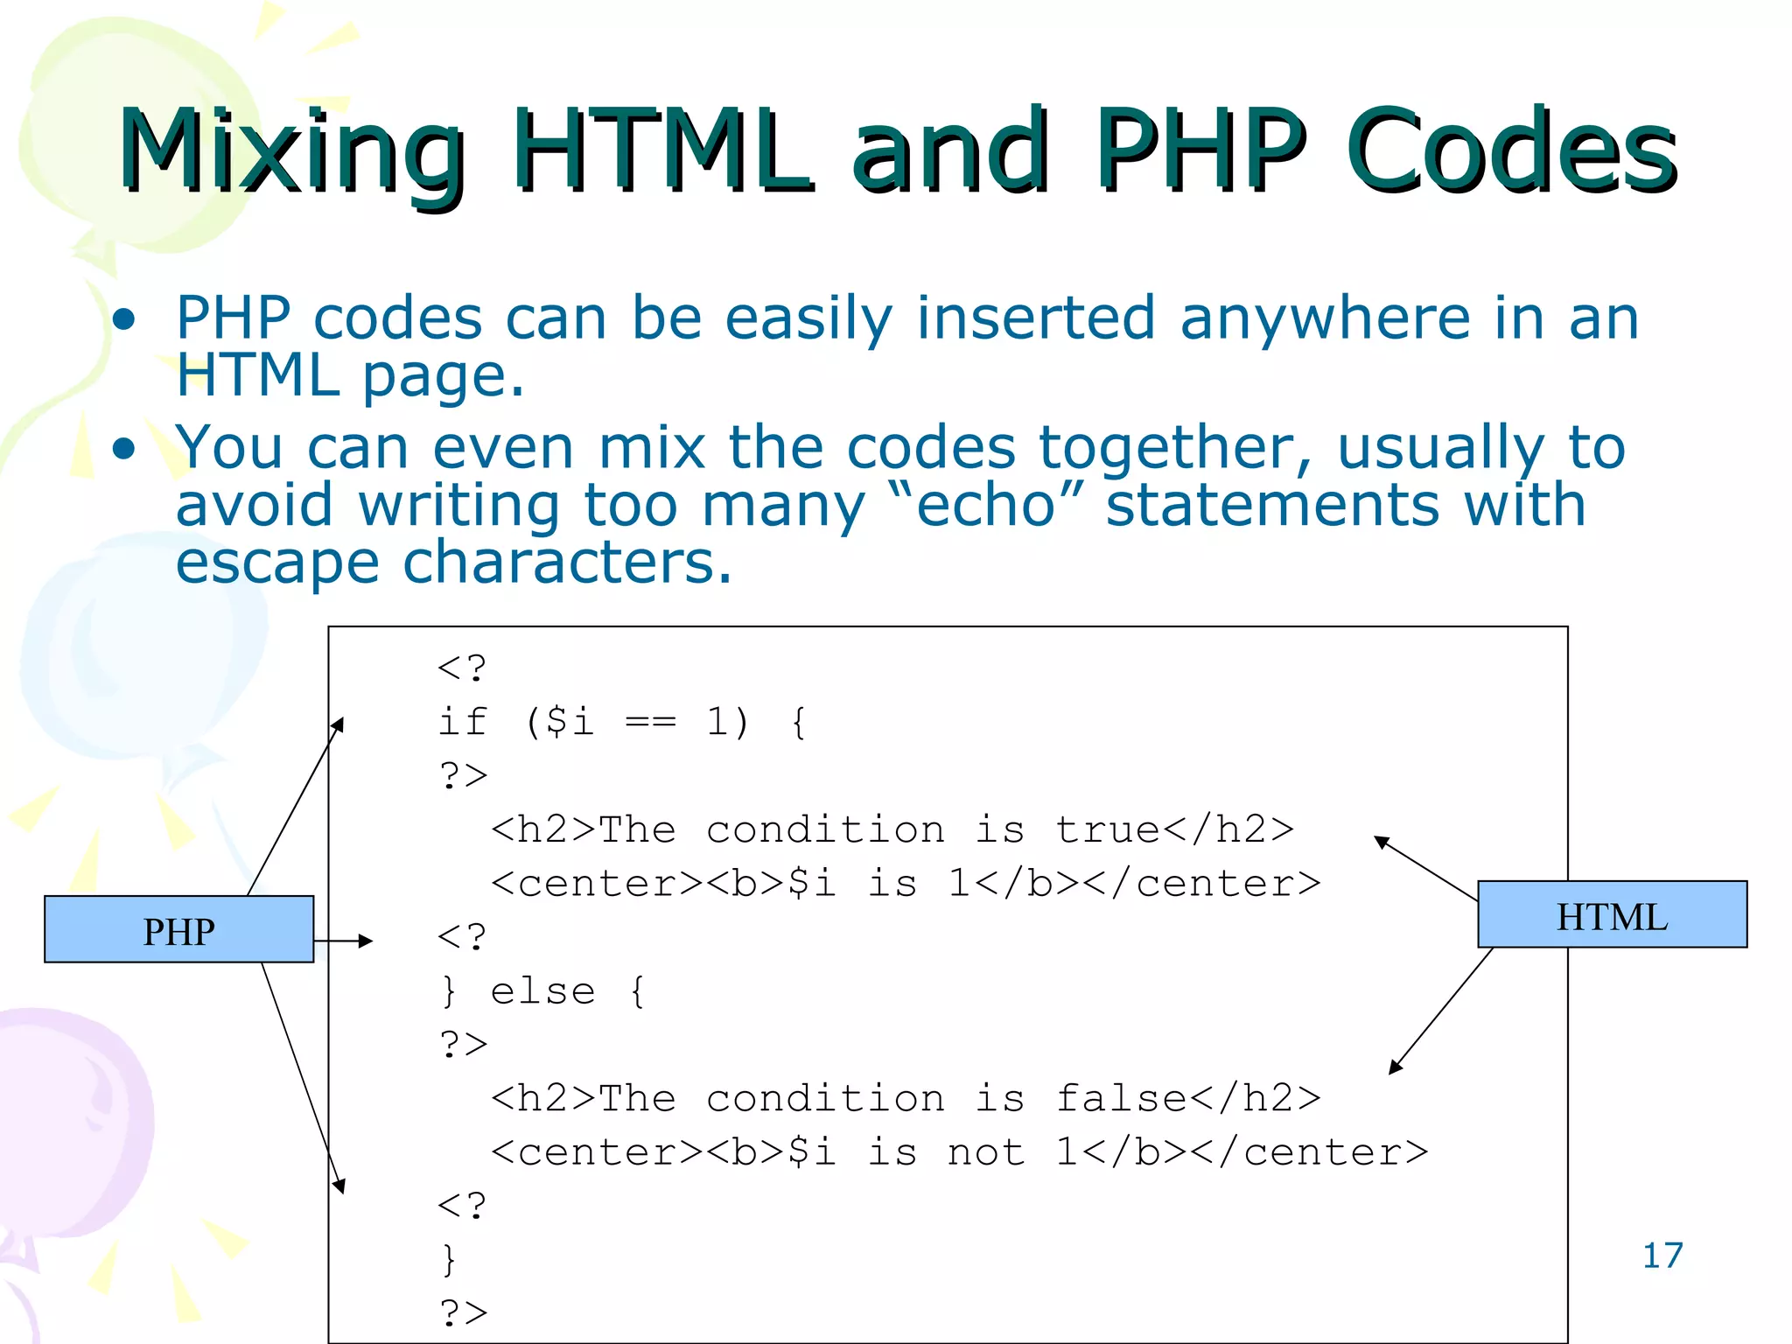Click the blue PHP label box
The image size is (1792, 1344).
pyautogui.click(x=178, y=929)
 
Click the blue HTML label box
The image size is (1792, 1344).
pyautogui.click(x=1612, y=915)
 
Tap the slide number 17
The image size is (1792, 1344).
pyautogui.click(x=1662, y=1256)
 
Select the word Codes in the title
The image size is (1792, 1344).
pyautogui.click(x=1511, y=150)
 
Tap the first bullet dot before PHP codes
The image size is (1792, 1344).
pyautogui.click(x=124, y=319)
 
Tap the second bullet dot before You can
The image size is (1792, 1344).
pyautogui.click(x=124, y=449)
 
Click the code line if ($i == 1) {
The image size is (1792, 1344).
pyautogui.click(x=622, y=722)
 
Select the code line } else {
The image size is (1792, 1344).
pyautogui.click(x=543, y=991)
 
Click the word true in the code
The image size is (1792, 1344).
pyautogui.click(x=1108, y=829)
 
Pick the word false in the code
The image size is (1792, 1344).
pyautogui.click(x=1121, y=1098)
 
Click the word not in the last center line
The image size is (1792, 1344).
pyautogui.click(x=986, y=1152)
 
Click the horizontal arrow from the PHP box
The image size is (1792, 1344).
pyautogui.click(x=343, y=941)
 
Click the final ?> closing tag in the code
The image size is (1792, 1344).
pyautogui.click(x=463, y=1312)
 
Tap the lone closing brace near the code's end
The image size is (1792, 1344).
pyautogui.click(x=449, y=1260)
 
